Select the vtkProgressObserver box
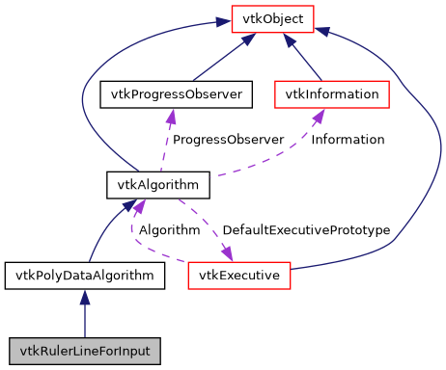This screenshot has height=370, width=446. pyautogui.click(x=177, y=94)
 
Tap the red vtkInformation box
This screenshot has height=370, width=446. pyautogui.click(x=332, y=94)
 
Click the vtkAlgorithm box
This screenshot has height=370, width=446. pyautogui.click(x=145, y=183)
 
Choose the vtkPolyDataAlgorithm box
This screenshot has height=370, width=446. pyautogui.click(x=84, y=276)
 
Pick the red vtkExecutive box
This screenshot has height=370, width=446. pyautogui.click(x=239, y=276)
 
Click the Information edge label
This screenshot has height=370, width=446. pyautogui.click(x=348, y=140)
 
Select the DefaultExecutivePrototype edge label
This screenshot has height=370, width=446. pyautogui.click(x=306, y=230)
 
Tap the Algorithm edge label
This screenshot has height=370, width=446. pyautogui.click(x=169, y=230)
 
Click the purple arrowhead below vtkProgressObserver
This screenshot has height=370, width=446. pyautogui.click(x=171, y=116)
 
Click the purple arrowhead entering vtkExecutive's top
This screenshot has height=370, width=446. pyautogui.click(x=229, y=254)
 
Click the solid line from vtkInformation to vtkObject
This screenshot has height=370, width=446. pyautogui.click(x=307, y=61)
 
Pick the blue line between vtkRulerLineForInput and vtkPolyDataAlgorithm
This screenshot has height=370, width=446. pyautogui.click(x=84, y=320)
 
